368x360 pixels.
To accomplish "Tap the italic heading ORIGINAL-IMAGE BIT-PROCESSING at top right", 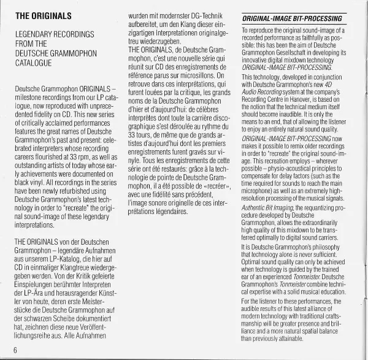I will (x=288, y=19).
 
